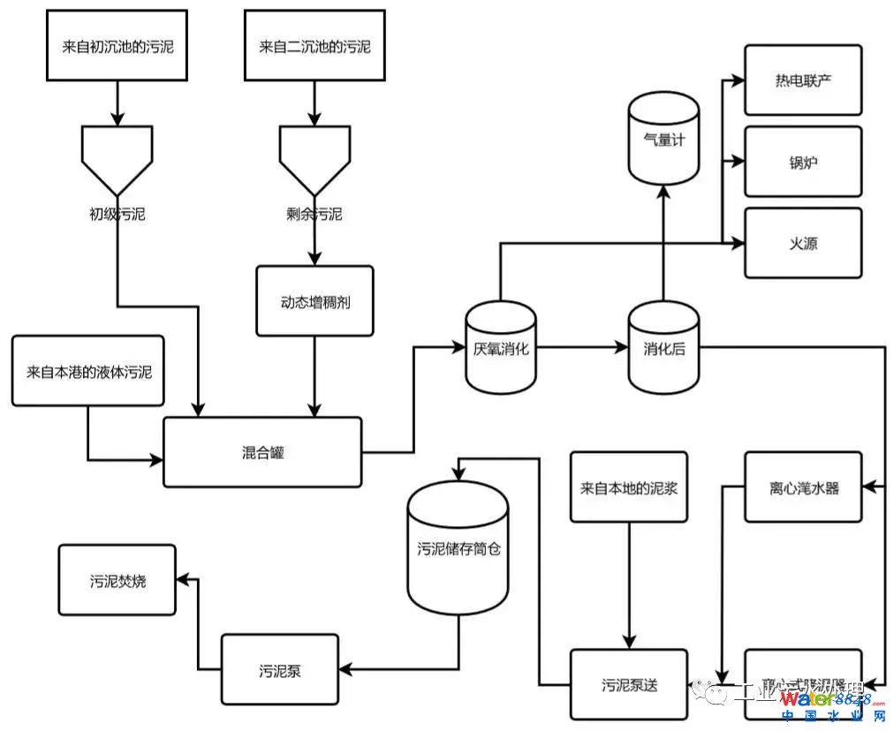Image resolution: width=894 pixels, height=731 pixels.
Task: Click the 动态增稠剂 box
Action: [x=314, y=301]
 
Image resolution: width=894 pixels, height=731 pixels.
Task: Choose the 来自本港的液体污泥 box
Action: [x=88, y=371]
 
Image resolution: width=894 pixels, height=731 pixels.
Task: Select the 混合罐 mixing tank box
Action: [x=262, y=452]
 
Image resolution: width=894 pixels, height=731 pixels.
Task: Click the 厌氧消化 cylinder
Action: [x=500, y=347]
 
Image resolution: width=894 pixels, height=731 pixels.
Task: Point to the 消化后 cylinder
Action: [x=663, y=347]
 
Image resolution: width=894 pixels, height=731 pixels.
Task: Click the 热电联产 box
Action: [x=802, y=80]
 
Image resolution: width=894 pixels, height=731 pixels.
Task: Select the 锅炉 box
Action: [x=802, y=162]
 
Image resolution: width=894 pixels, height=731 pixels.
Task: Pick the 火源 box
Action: [x=802, y=243]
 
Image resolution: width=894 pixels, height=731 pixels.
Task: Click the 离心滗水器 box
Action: [x=802, y=487]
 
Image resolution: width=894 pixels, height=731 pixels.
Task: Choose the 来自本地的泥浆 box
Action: [x=628, y=487]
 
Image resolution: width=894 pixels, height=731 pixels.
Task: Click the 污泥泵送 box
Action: [x=628, y=684]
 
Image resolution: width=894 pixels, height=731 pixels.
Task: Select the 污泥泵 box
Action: [x=279, y=669]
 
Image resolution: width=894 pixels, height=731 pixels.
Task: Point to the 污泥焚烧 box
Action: [x=117, y=580]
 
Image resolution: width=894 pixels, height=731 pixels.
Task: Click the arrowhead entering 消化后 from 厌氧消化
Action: [x=621, y=348]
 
